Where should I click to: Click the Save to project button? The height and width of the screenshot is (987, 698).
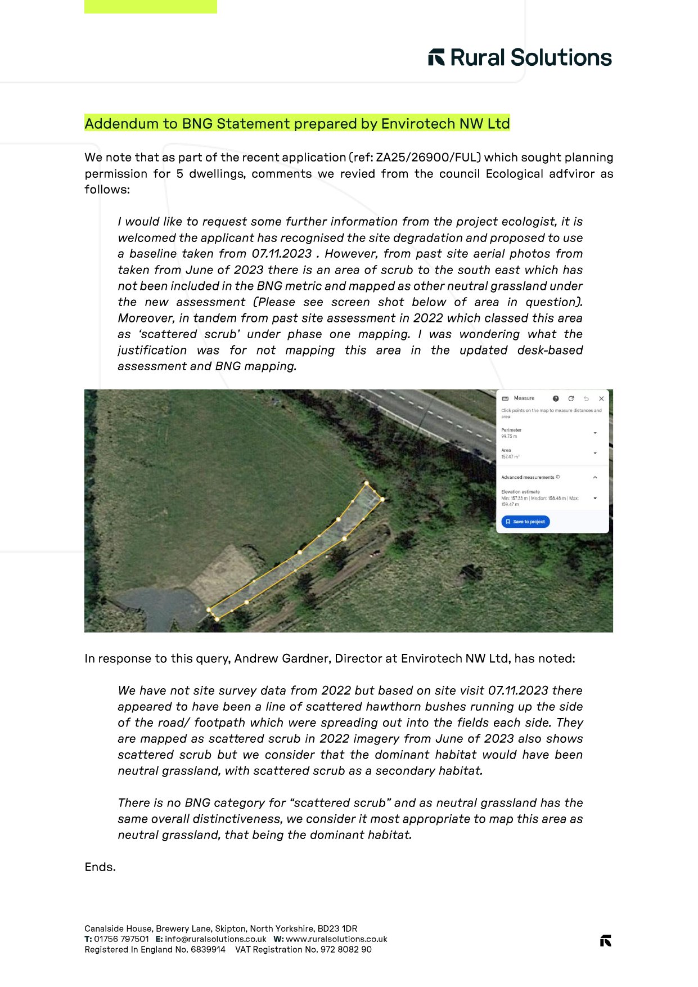(x=525, y=522)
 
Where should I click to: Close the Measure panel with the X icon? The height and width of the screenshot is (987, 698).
(x=601, y=398)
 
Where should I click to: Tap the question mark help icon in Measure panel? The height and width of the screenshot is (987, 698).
(x=556, y=398)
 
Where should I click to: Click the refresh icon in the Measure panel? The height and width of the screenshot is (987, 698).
(x=571, y=398)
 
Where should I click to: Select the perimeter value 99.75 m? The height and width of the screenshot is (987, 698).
(x=509, y=437)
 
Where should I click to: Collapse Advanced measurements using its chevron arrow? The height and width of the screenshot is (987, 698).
(x=595, y=477)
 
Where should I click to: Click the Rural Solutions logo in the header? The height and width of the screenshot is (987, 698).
(x=520, y=57)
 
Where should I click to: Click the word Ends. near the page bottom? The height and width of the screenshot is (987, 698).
(x=100, y=867)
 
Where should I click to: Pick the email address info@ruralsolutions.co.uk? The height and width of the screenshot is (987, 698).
(x=215, y=939)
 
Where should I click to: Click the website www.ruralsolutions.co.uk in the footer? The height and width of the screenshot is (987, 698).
(x=336, y=939)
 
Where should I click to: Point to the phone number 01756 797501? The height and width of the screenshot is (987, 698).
(x=121, y=939)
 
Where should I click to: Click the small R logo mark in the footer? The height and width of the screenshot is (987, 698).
(x=605, y=941)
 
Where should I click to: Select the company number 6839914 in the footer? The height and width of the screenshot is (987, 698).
(x=208, y=950)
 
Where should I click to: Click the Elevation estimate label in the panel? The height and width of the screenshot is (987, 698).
(x=520, y=492)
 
